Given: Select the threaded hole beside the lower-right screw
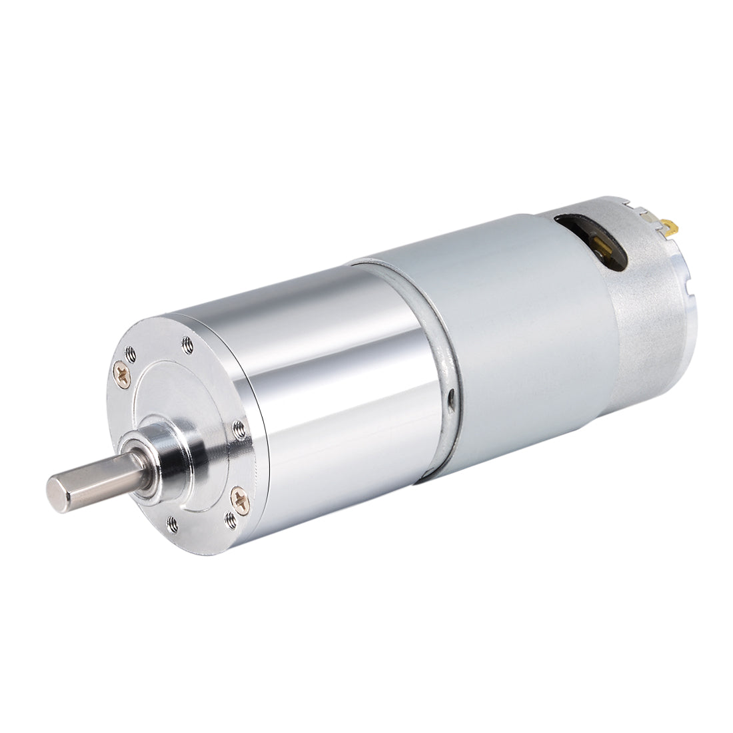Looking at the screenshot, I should click(x=231, y=514).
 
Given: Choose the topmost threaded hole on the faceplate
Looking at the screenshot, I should click(x=189, y=344).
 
